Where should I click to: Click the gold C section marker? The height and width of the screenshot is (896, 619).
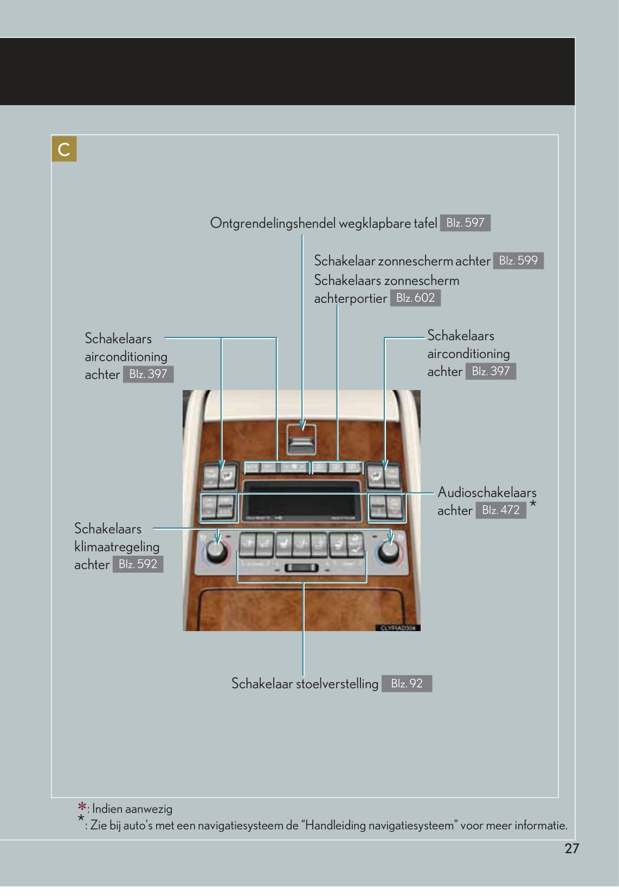[x=64, y=149]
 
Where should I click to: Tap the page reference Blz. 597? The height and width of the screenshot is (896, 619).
[x=465, y=223]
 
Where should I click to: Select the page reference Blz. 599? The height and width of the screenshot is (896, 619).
[x=518, y=261]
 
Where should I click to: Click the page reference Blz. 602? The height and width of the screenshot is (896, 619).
[x=415, y=297]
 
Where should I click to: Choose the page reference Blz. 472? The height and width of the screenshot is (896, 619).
[x=500, y=510]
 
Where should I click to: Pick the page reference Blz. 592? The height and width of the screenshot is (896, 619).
[x=138, y=564]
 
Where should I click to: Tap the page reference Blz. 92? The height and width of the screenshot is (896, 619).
[x=407, y=683]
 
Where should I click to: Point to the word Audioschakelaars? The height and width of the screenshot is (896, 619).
[x=487, y=492]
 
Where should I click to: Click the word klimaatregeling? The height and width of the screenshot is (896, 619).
[x=117, y=547]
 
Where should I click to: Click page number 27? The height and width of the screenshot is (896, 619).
[x=572, y=848]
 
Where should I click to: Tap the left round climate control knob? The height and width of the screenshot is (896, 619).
[x=216, y=552]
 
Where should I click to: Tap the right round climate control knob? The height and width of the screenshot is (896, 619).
[x=388, y=551]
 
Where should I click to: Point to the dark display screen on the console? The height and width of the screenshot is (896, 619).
[x=302, y=501]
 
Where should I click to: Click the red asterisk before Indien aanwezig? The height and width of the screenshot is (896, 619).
[x=82, y=807]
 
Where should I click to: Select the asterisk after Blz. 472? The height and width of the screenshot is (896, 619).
[x=533, y=504]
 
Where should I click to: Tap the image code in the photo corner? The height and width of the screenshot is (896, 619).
[x=397, y=628]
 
